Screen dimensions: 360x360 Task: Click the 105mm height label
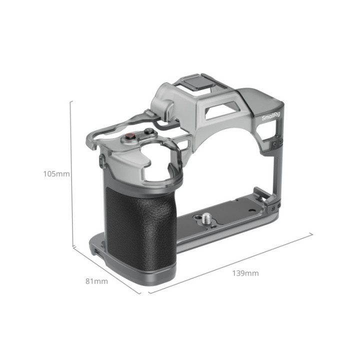56,174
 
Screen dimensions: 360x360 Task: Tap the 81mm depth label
96,281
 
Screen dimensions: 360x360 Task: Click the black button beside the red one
148,132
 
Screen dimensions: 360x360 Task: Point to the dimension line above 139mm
230,263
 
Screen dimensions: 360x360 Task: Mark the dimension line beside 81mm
106,270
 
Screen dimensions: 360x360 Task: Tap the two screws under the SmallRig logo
275,143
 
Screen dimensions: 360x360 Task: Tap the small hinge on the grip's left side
102,161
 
